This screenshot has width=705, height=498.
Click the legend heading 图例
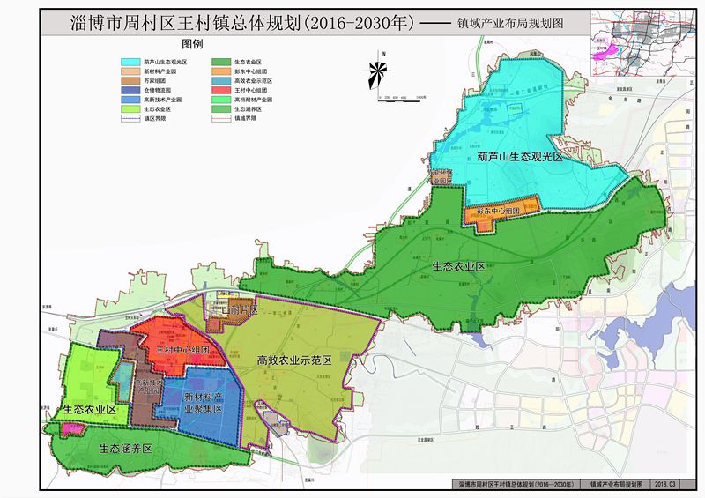[192, 43]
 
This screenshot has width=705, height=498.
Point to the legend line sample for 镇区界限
[130, 118]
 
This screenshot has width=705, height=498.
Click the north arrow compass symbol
[377, 69]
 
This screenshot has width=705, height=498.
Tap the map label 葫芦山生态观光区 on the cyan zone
[519, 156]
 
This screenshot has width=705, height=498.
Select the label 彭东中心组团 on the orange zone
[501, 212]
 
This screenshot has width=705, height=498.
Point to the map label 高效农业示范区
[293, 360]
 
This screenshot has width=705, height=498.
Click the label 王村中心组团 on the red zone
[182, 350]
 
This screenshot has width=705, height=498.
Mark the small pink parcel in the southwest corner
[73, 428]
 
